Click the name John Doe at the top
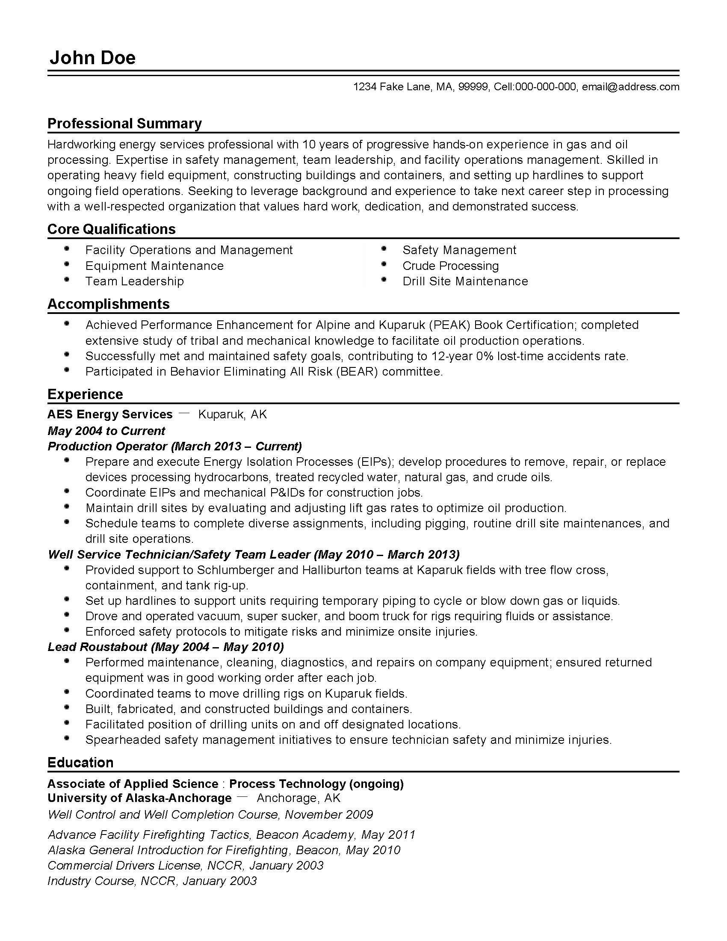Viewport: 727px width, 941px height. (93, 58)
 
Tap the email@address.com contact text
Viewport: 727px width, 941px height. (630, 87)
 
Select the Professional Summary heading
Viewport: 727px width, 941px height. (124, 124)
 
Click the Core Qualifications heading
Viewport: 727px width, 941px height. (112, 229)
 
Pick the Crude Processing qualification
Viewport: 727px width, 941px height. (450, 266)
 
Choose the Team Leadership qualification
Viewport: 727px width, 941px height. (134, 281)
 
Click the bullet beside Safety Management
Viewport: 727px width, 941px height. (384, 249)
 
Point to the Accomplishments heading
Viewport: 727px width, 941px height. (109, 304)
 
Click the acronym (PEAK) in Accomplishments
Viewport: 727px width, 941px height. (448, 325)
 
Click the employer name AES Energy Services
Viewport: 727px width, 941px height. (110, 414)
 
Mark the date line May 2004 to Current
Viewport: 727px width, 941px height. (106, 431)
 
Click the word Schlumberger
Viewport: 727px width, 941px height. (236, 570)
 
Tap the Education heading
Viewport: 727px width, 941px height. (80, 763)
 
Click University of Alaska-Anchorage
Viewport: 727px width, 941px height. (139, 798)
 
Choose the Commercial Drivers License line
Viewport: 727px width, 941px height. (185, 865)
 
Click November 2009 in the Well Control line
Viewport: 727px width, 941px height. (328, 814)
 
